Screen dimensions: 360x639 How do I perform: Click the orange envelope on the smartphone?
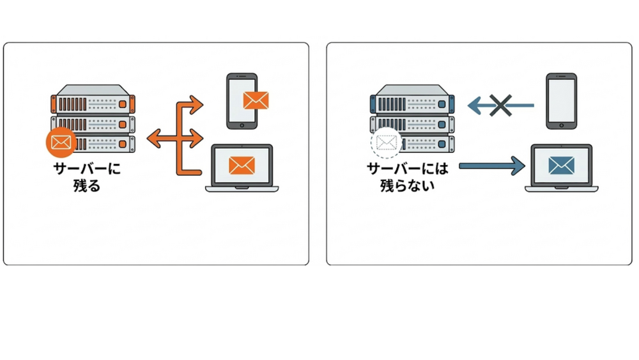pos(256,100)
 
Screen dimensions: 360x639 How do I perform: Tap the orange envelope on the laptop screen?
pos(242,165)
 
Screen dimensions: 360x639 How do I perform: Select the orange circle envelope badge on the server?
pos(61,141)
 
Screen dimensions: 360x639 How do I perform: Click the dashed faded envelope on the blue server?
pos(385,142)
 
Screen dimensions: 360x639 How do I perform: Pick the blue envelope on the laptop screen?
pos(561,165)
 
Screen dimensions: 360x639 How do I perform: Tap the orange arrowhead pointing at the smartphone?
pos(196,105)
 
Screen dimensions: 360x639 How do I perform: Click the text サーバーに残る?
pos(87,178)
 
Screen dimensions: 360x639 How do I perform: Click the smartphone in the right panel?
pos(561,101)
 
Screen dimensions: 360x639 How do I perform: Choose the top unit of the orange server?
pos(93,102)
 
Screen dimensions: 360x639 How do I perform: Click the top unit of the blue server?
pos(412,102)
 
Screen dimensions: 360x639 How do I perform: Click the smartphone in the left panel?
pos(242,101)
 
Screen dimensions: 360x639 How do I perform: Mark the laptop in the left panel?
pos(242,168)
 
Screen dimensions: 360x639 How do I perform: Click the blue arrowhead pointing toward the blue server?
pos(473,105)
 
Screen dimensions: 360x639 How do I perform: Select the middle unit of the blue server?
pos(412,123)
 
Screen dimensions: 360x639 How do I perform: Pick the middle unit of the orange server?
pos(93,123)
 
